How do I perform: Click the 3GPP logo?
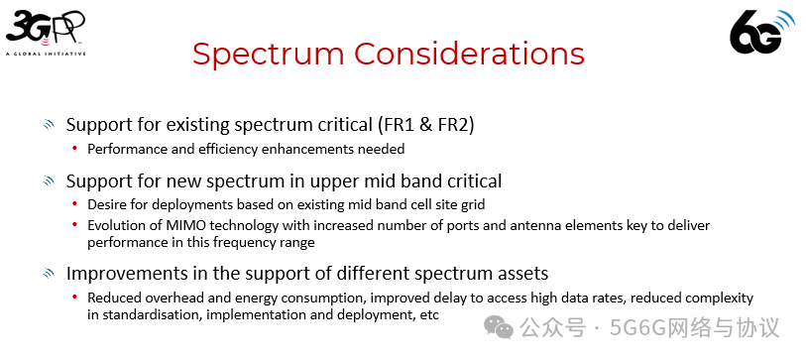pyautogui.click(x=45, y=31)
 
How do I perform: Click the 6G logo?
pyautogui.click(x=762, y=32)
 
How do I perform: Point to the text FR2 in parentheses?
pyautogui.click(x=453, y=126)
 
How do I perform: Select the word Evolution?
pyautogui.click(x=117, y=226)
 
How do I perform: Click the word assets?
pyautogui.click(x=521, y=273)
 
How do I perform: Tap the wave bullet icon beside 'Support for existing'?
pyautogui.click(x=48, y=126)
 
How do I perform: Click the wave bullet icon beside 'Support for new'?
pyautogui.click(x=48, y=181)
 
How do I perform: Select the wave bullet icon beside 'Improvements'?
pyautogui.click(x=48, y=274)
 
